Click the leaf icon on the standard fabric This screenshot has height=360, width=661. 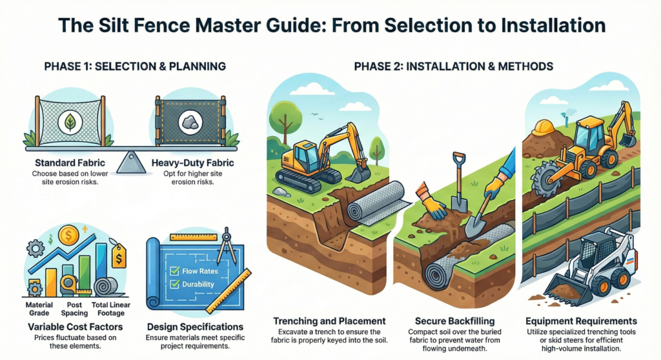[x=68, y=123]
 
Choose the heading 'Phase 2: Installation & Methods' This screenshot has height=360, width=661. [x=453, y=66]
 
